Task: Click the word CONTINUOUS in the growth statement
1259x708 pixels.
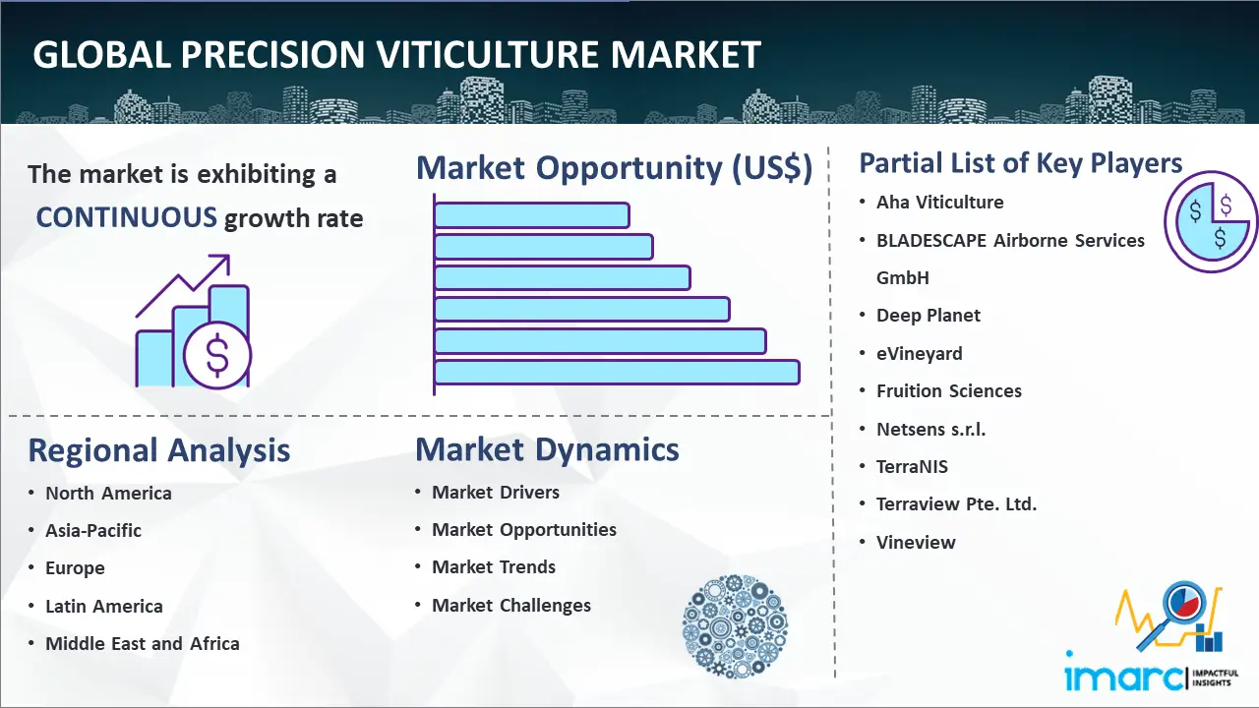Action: pyautogui.click(x=126, y=217)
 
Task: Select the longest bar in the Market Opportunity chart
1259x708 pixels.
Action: pyautogui.click(x=617, y=372)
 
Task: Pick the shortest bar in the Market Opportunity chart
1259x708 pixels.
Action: pyautogui.click(x=531, y=214)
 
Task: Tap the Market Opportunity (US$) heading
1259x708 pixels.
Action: pyautogui.click(x=614, y=168)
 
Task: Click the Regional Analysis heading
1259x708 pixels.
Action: pyautogui.click(x=158, y=450)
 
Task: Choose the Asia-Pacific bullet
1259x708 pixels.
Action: pyautogui.click(x=93, y=531)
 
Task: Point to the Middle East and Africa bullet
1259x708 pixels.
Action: pyautogui.click(x=143, y=644)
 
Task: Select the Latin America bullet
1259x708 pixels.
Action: pyautogui.click(x=104, y=607)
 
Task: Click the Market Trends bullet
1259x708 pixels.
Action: pyautogui.click(x=494, y=567)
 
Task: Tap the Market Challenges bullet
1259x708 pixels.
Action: pyautogui.click(x=511, y=606)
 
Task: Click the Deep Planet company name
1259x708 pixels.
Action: pyautogui.click(x=929, y=316)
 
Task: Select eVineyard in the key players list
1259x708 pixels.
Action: pyautogui.click(x=920, y=354)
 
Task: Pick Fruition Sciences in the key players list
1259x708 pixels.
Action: pyautogui.click(x=949, y=391)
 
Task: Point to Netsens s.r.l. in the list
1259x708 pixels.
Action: pyautogui.click(x=931, y=430)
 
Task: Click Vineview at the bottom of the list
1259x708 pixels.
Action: pyautogui.click(x=916, y=543)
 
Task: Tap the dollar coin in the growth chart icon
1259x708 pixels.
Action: pyautogui.click(x=217, y=357)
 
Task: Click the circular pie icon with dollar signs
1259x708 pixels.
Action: pyautogui.click(x=1210, y=222)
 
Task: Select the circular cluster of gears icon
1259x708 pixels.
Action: pyautogui.click(x=735, y=627)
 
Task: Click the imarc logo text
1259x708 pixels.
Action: pyautogui.click(x=1124, y=678)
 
